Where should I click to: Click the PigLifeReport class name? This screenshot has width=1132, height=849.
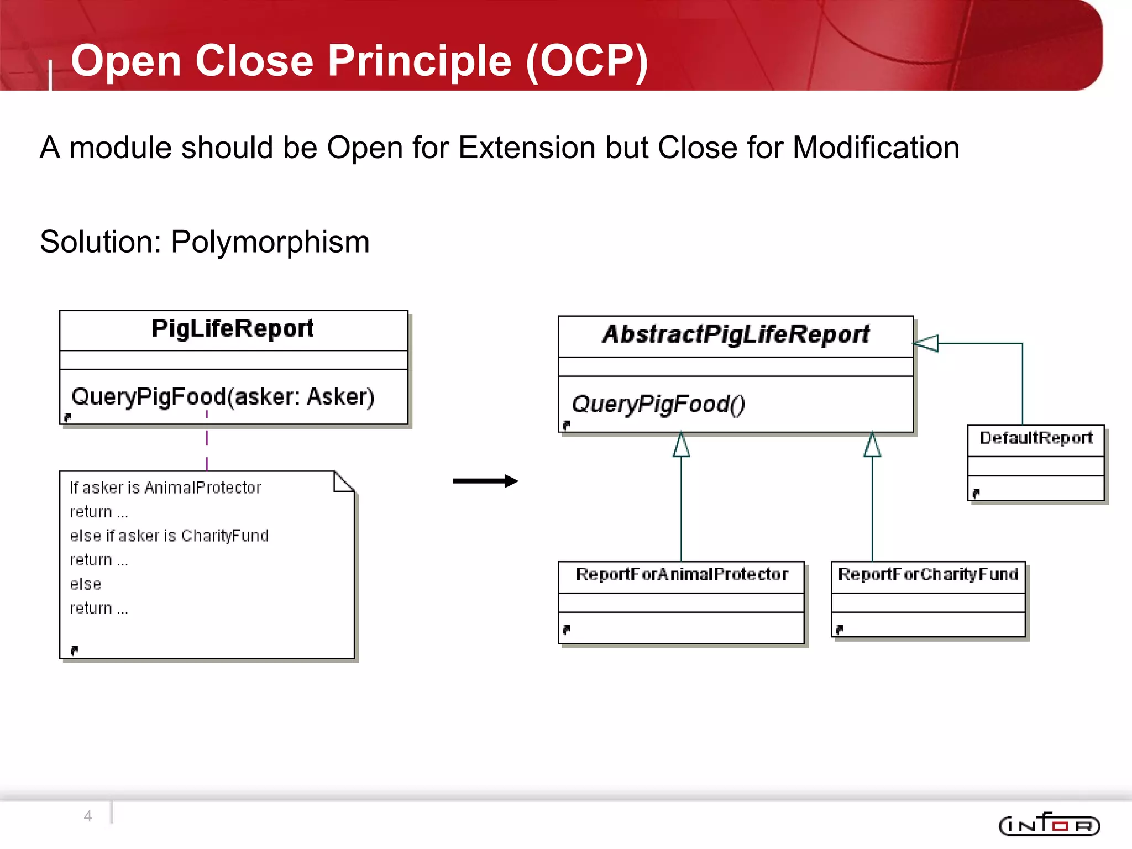[x=232, y=328]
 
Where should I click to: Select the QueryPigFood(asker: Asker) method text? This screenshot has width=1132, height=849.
[x=223, y=397]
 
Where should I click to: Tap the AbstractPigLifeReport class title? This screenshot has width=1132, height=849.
[x=735, y=334]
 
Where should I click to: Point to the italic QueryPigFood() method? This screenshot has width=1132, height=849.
[x=658, y=404]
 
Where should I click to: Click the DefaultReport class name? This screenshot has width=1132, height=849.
[x=1036, y=438]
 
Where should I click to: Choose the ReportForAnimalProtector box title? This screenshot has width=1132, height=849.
[x=682, y=574]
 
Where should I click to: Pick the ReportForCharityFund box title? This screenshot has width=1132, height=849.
[x=927, y=574]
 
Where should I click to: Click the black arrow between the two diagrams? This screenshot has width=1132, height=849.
[x=485, y=481]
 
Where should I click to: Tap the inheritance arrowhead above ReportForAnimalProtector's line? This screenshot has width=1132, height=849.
[x=681, y=445]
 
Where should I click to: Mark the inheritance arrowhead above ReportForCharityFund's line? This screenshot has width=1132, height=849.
[x=872, y=445]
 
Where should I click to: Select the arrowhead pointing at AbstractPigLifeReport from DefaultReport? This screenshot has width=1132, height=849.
[x=927, y=343]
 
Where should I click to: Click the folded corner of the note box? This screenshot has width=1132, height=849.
[x=343, y=481]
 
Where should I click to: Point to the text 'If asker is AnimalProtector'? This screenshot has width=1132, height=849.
[x=165, y=488]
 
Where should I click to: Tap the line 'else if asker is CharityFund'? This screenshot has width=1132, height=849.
[x=169, y=536]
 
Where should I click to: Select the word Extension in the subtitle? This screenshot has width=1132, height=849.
[x=527, y=148]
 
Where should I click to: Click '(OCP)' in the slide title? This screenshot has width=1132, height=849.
[x=586, y=61]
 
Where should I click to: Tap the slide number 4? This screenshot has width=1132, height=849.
[x=88, y=816]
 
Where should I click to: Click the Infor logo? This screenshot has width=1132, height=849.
[x=1049, y=825]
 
